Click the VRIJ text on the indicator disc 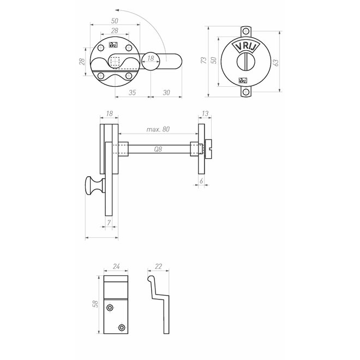[245, 47]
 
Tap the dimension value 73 [203, 60]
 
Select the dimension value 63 [276, 62]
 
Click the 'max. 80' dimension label [158, 129]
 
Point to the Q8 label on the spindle [158, 149]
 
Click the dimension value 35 [132, 93]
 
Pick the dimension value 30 [166, 93]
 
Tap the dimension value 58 [95, 303]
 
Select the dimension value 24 [116, 266]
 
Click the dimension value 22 [158, 266]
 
